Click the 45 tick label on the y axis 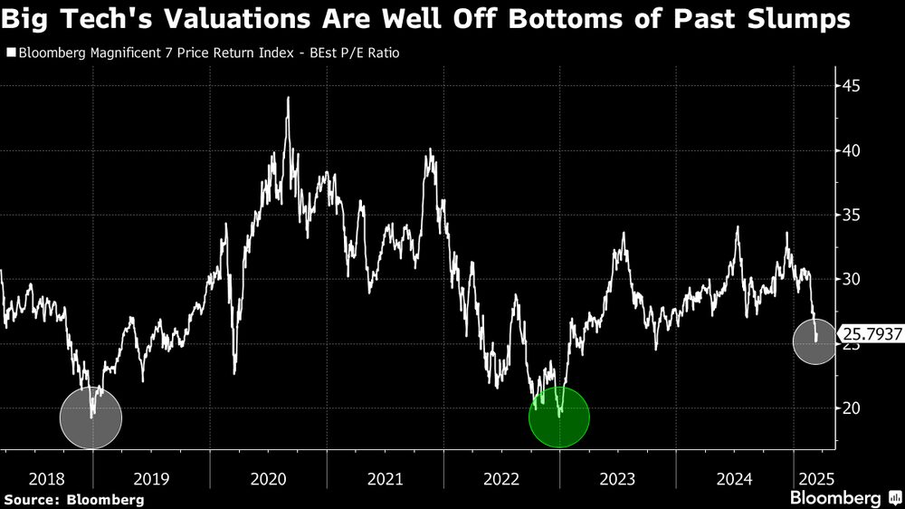pyautogui.click(x=852, y=86)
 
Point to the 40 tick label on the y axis pyautogui.click(x=852, y=150)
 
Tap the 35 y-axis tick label pyautogui.click(x=852, y=215)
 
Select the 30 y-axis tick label pyautogui.click(x=852, y=279)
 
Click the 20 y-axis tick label pyautogui.click(x=852, y=408)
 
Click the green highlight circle pyautogui.click(x=559, y=418)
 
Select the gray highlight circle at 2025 pyautogui.click(x=815, y=341)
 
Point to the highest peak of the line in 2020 pyautogui.click(x=288, y=97)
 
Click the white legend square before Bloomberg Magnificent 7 pyautogui.click(x=10, y=53)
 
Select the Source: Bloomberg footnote pyautogui.click(x=73, y=499)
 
